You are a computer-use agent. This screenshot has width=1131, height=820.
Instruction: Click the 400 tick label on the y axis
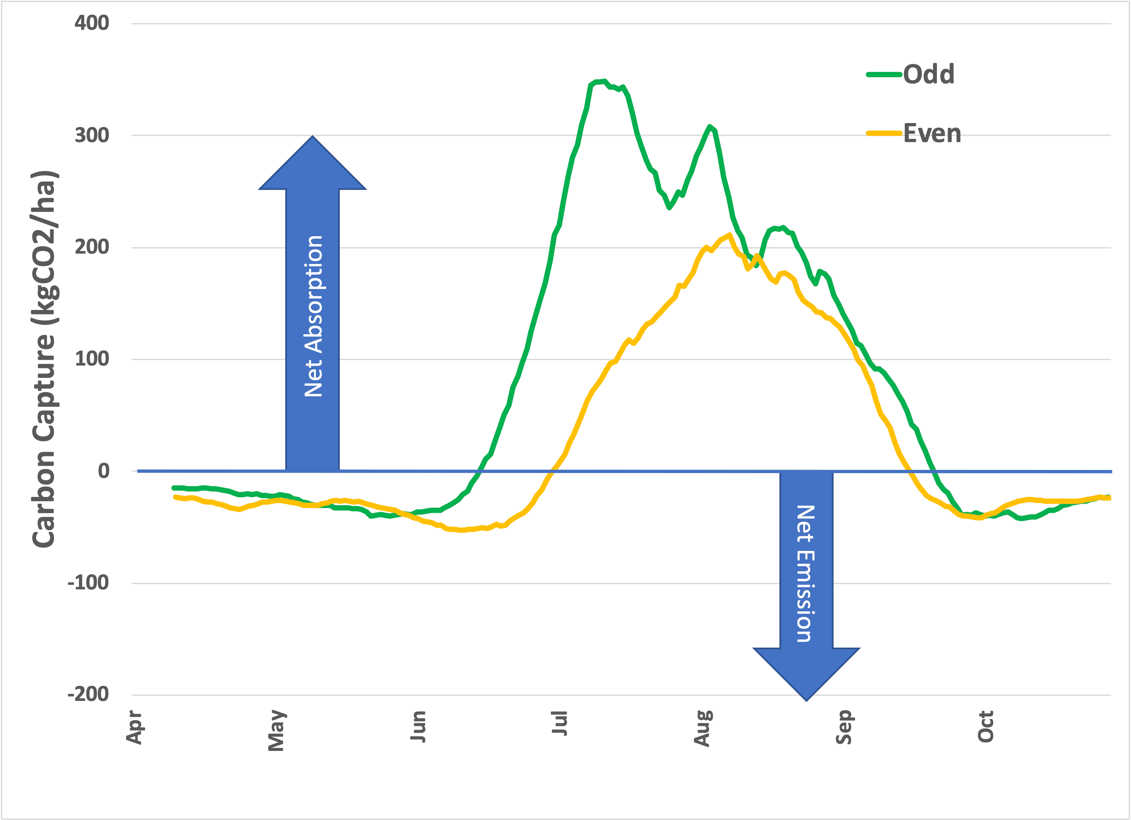(x=92, y=23)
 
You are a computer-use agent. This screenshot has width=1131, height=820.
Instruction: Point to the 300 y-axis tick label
(x=92, y=135)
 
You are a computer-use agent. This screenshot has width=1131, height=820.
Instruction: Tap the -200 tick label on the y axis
(x=88, y=694)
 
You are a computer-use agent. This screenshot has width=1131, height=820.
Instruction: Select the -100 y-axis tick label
(x=88, y=583)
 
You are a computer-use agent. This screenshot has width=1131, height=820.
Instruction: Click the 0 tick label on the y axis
(x=103, y=471)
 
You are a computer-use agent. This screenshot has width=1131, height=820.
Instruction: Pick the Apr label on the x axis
(x=134, y=727)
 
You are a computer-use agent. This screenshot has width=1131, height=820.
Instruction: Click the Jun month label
(x=418, y=726)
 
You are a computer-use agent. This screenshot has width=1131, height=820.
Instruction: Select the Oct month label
(x=986, y=727)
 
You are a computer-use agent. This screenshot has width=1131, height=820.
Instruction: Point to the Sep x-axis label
(x=844, y=727)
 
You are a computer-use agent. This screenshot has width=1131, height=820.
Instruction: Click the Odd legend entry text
(x=929, y=74)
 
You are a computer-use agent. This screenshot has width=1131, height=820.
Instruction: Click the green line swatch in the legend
(x=884, y=74)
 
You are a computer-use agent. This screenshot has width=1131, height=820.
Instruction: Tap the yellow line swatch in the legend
(x=884, y=133)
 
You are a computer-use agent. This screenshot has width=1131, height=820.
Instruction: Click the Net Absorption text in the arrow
(x=313, y=316)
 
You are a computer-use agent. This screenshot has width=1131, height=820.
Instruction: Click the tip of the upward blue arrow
(x=313, y=137)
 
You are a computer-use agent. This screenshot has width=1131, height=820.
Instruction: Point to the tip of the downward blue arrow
(x=806, y=700)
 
